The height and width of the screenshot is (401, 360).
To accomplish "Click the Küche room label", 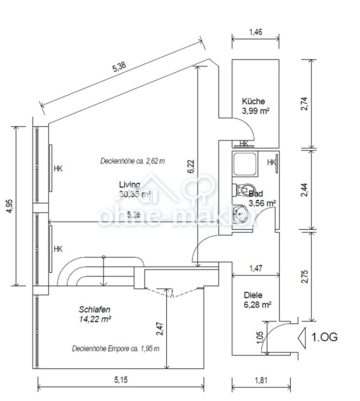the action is [x=253, y=101].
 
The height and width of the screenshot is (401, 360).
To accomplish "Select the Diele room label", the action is [x=253, y=295].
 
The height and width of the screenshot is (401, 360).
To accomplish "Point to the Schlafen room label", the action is [x=95, y=309].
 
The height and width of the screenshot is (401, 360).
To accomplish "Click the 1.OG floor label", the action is [x=324, y=337].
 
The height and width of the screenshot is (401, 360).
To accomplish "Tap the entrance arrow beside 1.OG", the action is [x=302, y=338].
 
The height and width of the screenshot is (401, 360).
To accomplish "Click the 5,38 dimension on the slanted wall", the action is [x=119, y=67].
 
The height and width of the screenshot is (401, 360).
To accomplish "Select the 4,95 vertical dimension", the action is [x=9, y=206].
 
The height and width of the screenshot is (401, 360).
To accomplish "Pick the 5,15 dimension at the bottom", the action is [x=121, y=380].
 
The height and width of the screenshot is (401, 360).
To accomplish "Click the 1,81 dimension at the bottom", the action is [x=261, y=380].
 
